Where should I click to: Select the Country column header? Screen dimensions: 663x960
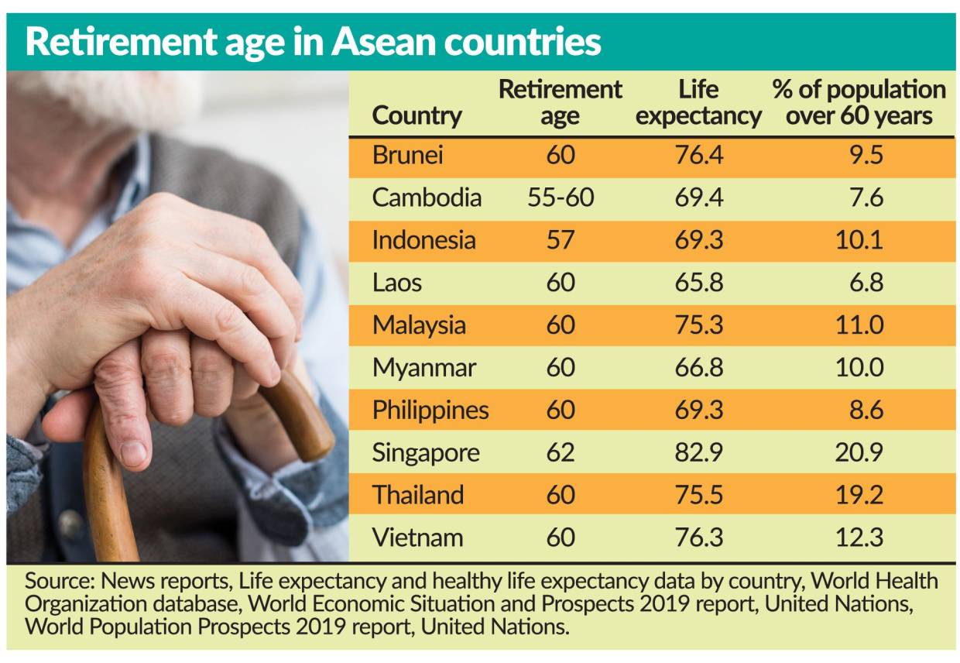(x=417, y=116)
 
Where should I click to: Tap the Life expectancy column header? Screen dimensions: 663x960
(x=698, y=102)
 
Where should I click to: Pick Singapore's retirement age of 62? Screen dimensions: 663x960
(x=560, y=452)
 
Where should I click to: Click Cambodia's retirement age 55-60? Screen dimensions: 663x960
(x=560, y=198)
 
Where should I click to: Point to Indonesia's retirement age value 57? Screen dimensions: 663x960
(x=560, y=240)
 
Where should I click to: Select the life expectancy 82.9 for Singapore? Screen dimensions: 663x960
(x=698, y=452)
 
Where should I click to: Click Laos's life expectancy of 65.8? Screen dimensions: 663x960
(x=698, y=283)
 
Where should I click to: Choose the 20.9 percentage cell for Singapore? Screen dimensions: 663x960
(x=859, y=452)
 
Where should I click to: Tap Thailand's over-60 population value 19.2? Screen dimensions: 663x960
(x=859, y=495)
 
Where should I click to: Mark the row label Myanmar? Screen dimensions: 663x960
(x=423, y=368)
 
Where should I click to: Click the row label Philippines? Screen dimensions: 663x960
(x=430, y=410)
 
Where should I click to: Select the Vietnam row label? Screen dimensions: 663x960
(x=417, y=538)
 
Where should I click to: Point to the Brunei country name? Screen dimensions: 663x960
(x=407, y=155)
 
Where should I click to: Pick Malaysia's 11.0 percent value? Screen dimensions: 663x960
(x=859, y=325)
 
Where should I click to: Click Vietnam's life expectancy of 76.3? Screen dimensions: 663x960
(x=698, y=538)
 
